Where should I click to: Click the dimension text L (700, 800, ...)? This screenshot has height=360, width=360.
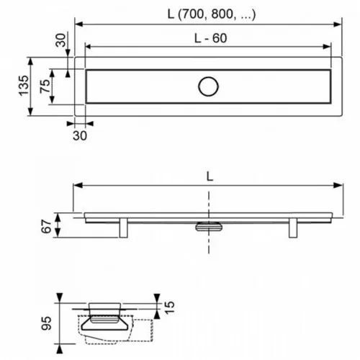point(212,14)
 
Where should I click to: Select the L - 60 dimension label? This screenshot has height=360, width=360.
point(210,38)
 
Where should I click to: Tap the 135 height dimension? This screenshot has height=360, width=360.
point(24,86)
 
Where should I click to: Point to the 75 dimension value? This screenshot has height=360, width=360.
point(45,86)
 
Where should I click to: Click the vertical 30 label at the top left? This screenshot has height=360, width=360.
point(60,40)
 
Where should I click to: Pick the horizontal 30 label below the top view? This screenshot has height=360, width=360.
point(80,136)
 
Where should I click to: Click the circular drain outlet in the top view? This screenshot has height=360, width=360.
point(208,86)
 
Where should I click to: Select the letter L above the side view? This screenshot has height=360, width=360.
point(210,177)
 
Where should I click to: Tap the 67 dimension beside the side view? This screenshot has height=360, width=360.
point(46,226)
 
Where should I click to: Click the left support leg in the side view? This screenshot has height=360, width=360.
point(124,228)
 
